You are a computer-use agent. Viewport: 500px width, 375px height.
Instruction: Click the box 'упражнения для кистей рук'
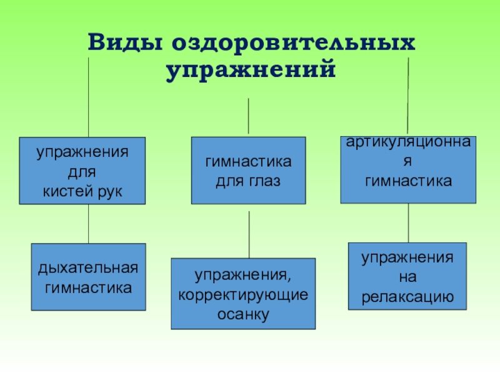[81, 171]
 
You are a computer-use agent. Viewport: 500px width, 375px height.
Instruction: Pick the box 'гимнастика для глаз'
[248, 171]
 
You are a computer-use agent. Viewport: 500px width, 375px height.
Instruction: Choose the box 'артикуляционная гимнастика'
[407, 170]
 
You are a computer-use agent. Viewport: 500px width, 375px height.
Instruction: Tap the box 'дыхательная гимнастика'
[88, 277]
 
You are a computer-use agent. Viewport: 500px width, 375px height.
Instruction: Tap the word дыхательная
[88, 269]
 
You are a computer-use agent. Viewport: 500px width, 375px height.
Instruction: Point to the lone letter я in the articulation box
[407, 161]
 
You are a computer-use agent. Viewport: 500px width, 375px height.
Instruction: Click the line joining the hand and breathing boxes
[88, 224]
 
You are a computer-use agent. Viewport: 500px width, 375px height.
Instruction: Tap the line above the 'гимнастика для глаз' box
[248, 116]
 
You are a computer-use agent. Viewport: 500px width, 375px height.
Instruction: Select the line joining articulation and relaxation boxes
[408, 222]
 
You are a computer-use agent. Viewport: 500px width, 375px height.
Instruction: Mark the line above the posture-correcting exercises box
[249, 234]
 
